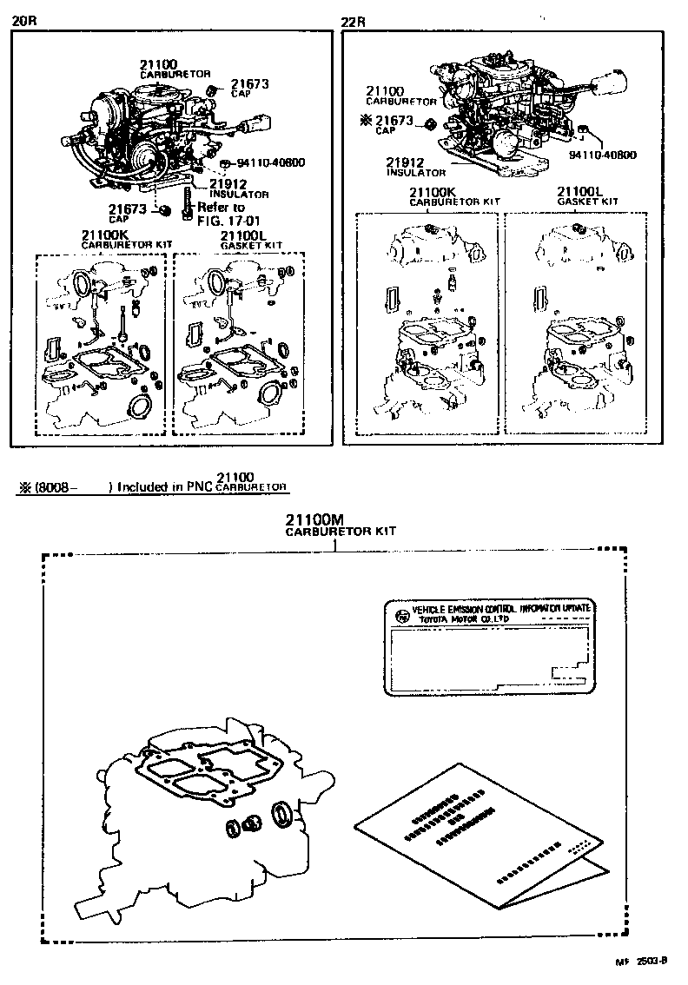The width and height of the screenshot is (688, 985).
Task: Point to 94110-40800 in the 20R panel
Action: click(x=268, y=162)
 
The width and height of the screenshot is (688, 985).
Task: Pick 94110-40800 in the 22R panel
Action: click(x=602, y=155)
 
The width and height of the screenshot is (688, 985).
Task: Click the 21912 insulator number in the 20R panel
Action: click(x=228, y=183)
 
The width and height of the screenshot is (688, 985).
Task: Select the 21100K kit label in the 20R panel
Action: click(x=105, y=235)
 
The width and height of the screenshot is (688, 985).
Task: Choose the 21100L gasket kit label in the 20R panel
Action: click(x=241, y=235)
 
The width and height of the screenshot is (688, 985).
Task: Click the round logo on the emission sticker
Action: click(x=400, y=616)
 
